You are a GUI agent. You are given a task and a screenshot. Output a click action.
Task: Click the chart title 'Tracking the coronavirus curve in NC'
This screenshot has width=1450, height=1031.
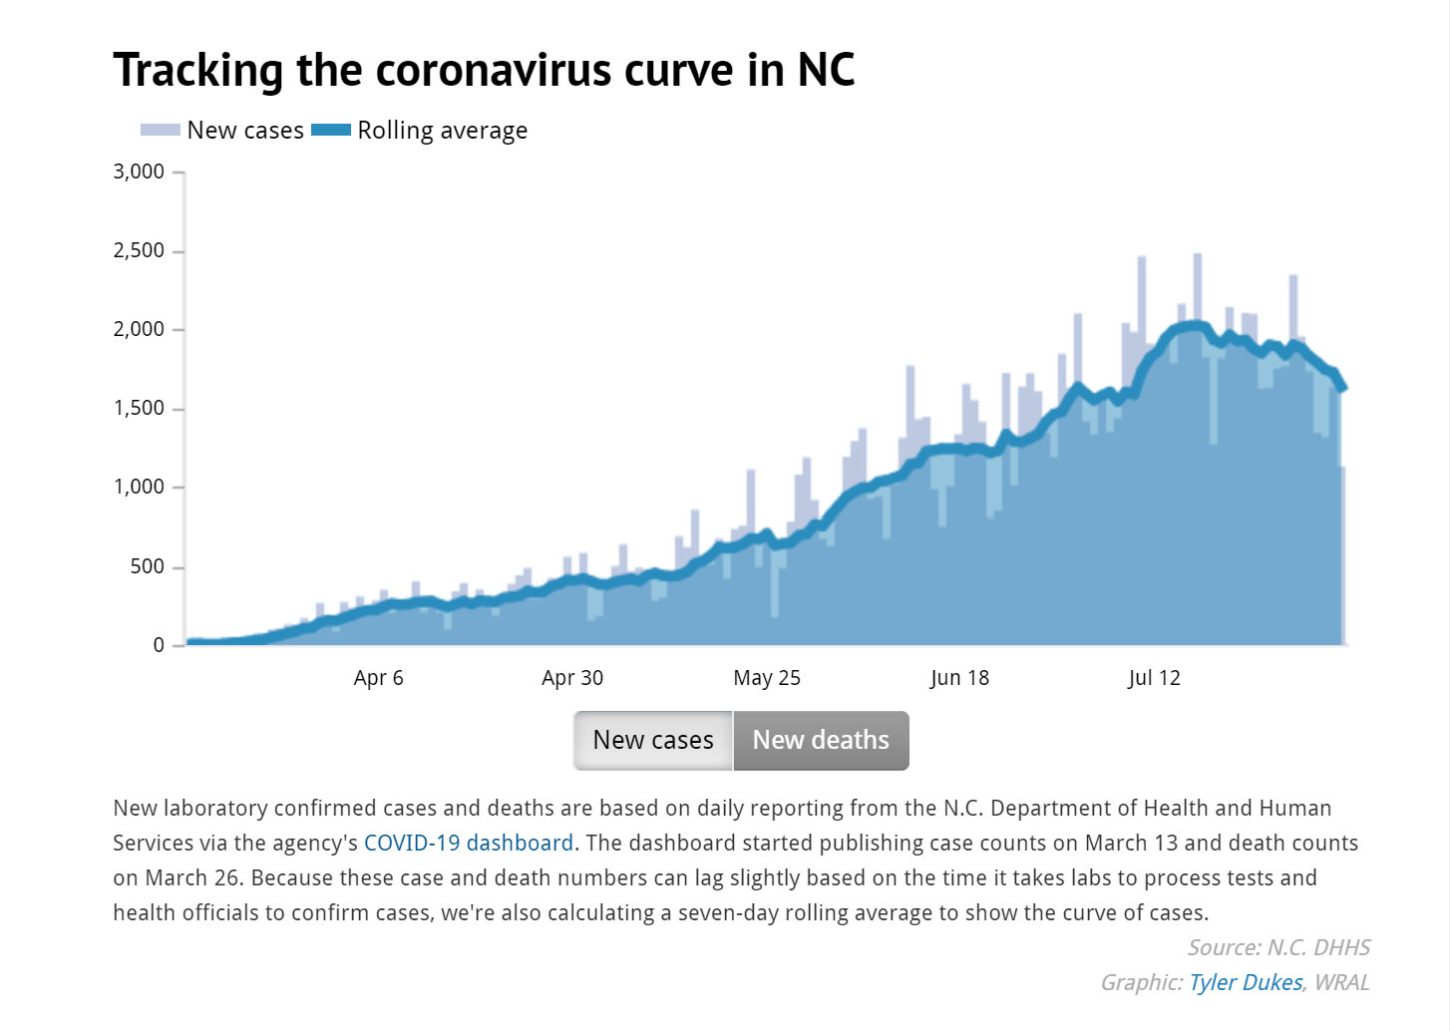pyautogui.click(x=484, y=70)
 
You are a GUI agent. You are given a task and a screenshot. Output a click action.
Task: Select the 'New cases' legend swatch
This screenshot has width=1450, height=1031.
pyautogui.click(x=160, y=130)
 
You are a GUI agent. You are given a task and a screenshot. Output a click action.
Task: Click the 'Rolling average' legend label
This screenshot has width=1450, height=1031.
pyautogui.click(x=442, y=131)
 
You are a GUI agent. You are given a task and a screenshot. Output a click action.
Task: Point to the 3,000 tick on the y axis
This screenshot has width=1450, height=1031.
pyautogui.click(x=139, y=172)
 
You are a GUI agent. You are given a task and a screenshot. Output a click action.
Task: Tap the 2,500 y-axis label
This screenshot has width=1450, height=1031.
pyautogui.click(x=139, y=250)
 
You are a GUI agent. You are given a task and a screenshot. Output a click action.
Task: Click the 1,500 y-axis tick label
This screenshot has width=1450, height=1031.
pyautogui.click(x=139, y=408)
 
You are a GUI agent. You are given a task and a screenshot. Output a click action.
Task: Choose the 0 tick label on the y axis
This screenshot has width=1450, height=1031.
pyautogui.click(x=159, y=645)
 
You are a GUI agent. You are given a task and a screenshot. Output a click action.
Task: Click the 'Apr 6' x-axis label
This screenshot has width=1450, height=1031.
pyautogui.click(x=378, y=678)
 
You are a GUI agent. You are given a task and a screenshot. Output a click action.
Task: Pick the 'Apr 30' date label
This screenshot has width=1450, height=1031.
pyautogui.click(x=572, y=678)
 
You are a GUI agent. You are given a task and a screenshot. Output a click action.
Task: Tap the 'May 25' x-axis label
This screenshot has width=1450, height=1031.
pyautogui.click(x=767, y=678)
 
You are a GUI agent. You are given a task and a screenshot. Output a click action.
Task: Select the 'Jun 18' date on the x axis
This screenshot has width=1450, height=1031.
pyautogui.click(x=959, y=678)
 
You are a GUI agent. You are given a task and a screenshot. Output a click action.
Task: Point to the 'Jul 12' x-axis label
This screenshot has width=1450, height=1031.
pyautogui.click(x=1154, y=678)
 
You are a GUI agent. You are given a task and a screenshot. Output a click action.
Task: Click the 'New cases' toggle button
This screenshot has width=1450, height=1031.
pyautogui.click(x=653, y=740)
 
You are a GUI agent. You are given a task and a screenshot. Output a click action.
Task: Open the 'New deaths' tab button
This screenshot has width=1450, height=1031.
pyautogui.click(x=821, y=740)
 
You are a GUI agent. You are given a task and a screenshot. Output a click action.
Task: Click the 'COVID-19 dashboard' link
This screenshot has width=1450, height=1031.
pyautogui.click(x=469, y=843)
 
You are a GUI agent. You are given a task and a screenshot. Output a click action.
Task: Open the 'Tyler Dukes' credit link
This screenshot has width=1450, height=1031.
pyautogui.click(x=1246, y=982)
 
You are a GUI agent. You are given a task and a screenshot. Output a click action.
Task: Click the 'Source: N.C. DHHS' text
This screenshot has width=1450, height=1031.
pyautogui.click(x=1278, y=947)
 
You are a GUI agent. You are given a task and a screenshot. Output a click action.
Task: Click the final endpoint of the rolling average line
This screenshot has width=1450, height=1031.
pyautogui.click(x=1344, y=388)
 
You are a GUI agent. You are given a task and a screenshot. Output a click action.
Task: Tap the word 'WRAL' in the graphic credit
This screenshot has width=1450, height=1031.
pyautogui.click(x=1341, y=982)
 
